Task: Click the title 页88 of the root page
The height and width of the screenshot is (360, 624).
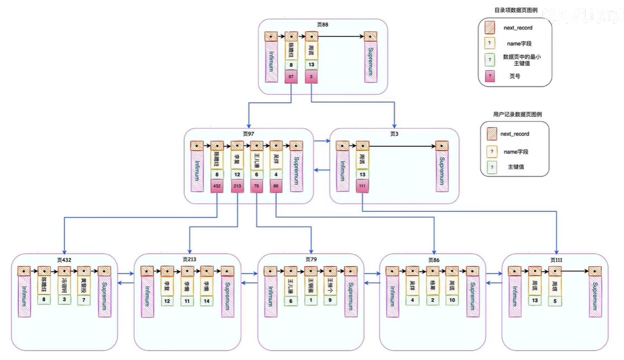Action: click(323, 24)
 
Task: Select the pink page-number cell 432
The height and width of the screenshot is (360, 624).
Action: click(217, 186)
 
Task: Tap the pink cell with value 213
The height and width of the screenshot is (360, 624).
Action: click(237, 186)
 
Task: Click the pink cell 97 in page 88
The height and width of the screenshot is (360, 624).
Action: click(291, 77)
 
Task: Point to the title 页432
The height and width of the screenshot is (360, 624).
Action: click(64, 259)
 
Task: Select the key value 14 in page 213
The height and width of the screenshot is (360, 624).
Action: click(207, 301)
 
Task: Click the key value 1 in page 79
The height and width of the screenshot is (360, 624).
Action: click(311, 301)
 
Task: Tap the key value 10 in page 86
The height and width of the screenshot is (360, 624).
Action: click(452, 301)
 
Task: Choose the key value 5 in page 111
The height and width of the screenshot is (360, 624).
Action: click(554, 301)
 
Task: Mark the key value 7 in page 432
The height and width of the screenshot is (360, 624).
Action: click(84, 301)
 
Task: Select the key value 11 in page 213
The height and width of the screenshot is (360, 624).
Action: click(187, 301)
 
